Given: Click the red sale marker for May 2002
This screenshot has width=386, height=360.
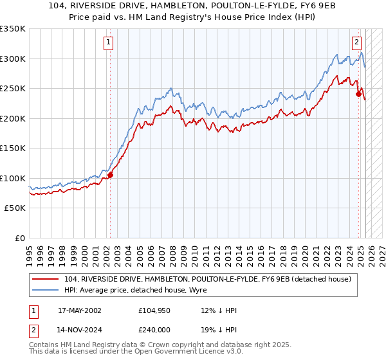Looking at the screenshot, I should point(110,174).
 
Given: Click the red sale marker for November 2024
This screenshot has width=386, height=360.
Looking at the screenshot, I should point(358,94).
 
